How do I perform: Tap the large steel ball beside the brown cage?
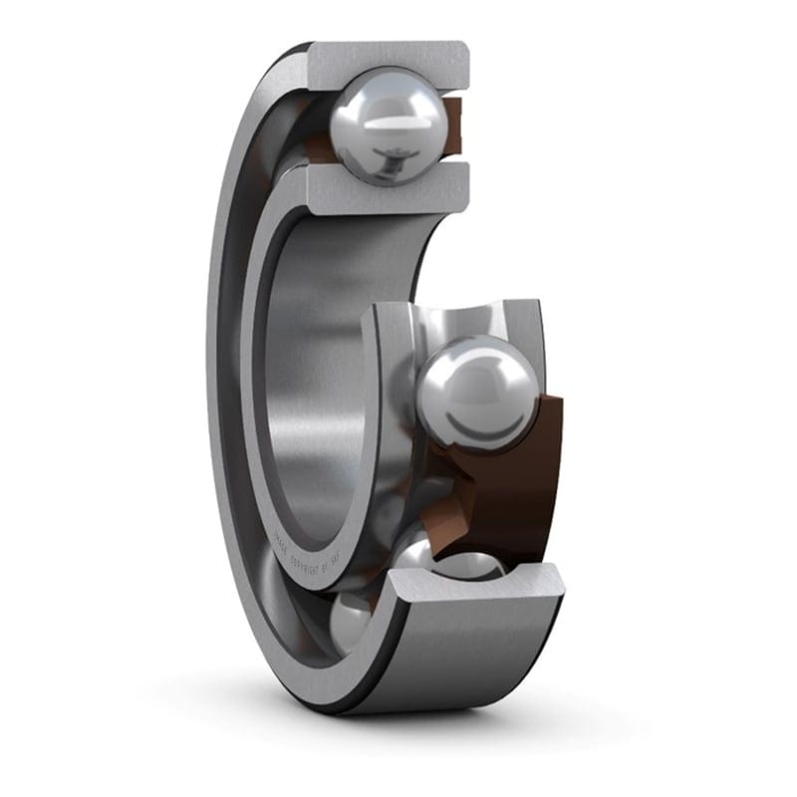(476, 394)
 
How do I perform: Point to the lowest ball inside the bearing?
(349, 622)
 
